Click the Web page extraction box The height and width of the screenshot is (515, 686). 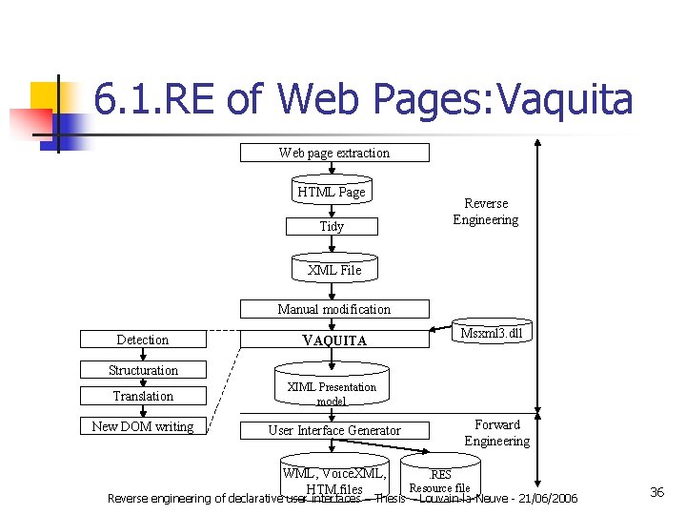click(x=333, y=153)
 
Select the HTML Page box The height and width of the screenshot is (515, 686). click(x=331, y=192)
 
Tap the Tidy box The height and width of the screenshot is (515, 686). click(x=332, y=226)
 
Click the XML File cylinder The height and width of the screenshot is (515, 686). click(x=334, y=269)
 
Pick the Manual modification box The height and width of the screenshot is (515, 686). click(x=333, y=309)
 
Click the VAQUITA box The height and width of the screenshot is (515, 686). click(x=333, y=340)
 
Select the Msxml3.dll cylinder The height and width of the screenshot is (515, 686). click(x=491, y=333)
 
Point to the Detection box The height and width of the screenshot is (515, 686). click(x=143, y=340)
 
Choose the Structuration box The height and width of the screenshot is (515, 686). click(x=143, y=370)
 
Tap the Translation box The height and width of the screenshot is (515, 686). click(x=143, y=396)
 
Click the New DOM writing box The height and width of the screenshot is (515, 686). click(x=143, y=426)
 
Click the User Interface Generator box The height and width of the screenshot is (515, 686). click(x=333, y=430)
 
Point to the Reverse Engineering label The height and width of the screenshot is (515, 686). click(x=485, y=212)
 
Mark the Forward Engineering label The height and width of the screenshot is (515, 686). click(x=496, y=433)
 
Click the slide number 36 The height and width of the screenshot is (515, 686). click(x=656, y=492)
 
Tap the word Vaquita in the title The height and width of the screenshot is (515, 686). click(x=566, y=99)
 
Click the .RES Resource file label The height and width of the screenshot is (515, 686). click(x=440, y=481)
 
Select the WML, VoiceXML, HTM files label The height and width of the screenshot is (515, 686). click(x=334, y=481)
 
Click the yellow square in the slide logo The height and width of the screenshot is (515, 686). click(x=44, y=96)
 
